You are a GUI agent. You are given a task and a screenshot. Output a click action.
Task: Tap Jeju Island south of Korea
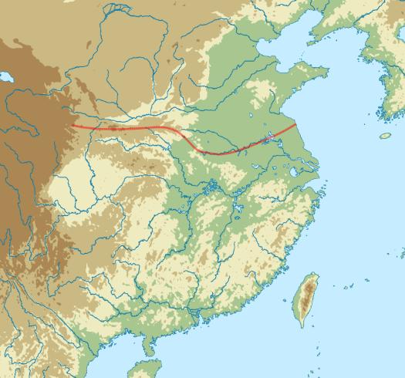coord(385,136)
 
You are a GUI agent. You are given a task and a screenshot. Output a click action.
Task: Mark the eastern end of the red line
coord(296,123)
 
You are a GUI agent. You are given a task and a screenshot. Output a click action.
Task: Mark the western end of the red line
coord(72,125)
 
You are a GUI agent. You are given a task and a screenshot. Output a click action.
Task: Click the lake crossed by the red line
coord(268,140)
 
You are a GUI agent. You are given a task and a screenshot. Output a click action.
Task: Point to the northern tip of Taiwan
coord(316,272)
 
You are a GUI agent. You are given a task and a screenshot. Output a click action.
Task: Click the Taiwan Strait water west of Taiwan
coord(278,293)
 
